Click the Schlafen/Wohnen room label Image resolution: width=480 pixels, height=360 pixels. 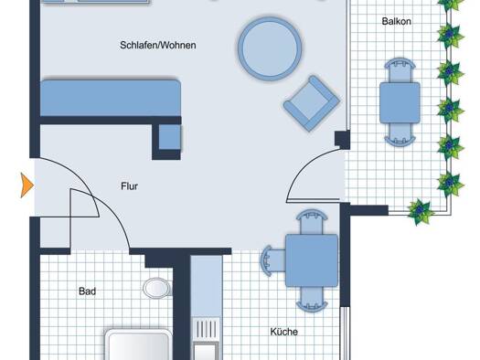pyautogui.click(x=158, y=46)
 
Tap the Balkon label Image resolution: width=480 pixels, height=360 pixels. pyautogui.click(x=396, y=21)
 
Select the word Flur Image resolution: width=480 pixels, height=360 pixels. pyautogui.click(x=129, y=186)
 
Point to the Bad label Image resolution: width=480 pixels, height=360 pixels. pyautogui.click(x=87, y=291)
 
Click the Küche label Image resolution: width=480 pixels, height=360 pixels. pyautogui.click(x=283, y=332)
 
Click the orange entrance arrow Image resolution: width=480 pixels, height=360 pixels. pyautogui.click(x=27, y=185)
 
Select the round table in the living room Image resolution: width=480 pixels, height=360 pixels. pyautogui.click(x=270, y=48)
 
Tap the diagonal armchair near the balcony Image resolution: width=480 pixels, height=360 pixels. pyautogui.click(x=312, y=103)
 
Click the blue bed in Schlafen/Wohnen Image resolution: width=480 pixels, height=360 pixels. pyautogui.click(x=111, y=98)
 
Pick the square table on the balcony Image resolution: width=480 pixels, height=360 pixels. pyautogui.click(x=400, y=102)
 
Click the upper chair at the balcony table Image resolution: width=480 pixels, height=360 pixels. pyautogui.click(x=400, y=70)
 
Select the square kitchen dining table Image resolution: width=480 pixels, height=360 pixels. pyautogui.click(x=312, y=260)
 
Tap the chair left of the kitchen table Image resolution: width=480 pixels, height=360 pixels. pyautogui.click(x=273, y=260)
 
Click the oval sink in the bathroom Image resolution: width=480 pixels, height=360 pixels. pyautogui.click(x=156, y=288)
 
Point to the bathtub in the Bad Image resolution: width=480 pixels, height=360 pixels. pyautogui.click(x=138, y=344)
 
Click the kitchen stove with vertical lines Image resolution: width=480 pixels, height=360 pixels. pyautogui.click(x=206, y=330)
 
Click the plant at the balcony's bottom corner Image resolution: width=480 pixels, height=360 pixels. pyautogui.click(x=421, y=212)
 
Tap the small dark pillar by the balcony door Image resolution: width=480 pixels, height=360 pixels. pyautogui.click(x=342, y=140)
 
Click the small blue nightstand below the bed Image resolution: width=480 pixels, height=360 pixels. pyautogui.click(x=170, y=137)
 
